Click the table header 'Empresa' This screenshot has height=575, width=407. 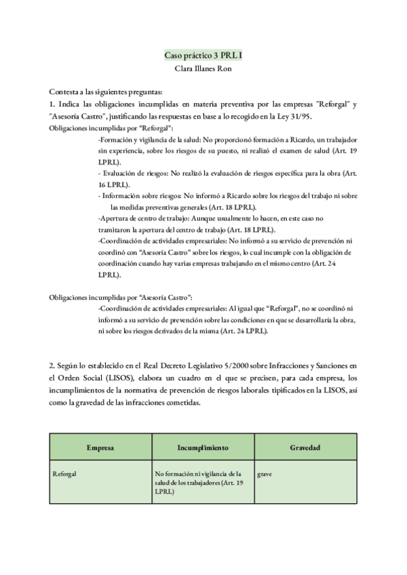coord(100,448)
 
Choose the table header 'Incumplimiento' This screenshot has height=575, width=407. coord(202,448)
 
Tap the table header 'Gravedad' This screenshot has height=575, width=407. coord(305,448)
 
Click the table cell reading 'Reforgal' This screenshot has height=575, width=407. coord(64,473)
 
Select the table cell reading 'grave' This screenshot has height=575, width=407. coord(265,473)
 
